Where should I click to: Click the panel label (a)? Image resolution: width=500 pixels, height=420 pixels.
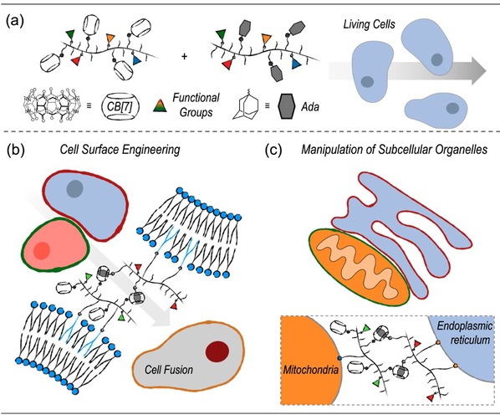[x=15, y=22]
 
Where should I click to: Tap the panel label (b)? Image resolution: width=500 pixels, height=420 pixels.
[x=15, y=151]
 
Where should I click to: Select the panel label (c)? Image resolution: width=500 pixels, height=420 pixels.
[x=274, y=151]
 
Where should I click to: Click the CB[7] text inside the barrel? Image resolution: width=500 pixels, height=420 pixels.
[x=121, y=106]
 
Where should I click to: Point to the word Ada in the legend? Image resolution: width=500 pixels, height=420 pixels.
[x=310, y=106]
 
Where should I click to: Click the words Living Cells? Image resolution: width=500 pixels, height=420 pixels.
[x=369, y=24]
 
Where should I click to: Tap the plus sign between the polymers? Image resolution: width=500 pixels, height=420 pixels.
[x=184, y=57]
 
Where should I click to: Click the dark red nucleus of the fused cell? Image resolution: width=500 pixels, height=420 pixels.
[x=217, y=351]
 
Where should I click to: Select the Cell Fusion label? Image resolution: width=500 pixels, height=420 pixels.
[x=169, y=370]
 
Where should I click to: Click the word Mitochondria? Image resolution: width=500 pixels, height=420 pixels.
[x=311, y=370]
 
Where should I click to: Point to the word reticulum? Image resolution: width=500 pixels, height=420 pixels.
[x=470, y=340]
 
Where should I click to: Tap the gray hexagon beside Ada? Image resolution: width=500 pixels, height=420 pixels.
[x=285, y=106]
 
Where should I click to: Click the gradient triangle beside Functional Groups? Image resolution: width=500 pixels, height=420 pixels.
[x=160, y=105]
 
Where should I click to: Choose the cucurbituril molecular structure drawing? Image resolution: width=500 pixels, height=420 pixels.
[x=51, y=105]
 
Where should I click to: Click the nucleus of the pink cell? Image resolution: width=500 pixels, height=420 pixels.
[x=42, y=250]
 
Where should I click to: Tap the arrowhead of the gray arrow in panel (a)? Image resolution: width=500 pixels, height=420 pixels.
[x=479, y=71]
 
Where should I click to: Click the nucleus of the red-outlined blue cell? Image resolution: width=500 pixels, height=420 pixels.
[x=74, y=189]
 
